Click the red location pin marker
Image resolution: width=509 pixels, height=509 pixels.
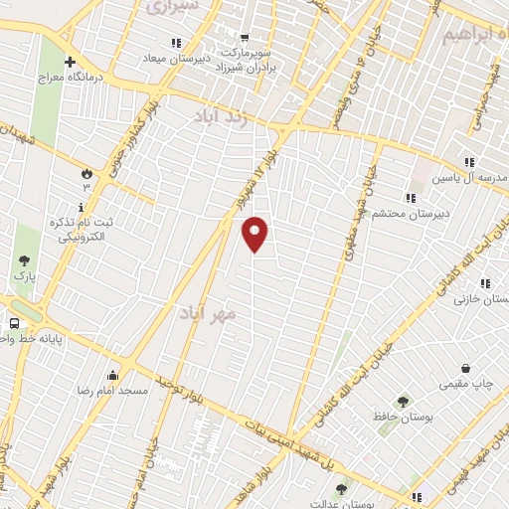[255, 234]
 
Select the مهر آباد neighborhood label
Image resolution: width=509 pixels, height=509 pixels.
[208, 313]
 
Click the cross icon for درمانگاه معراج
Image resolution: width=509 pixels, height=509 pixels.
[69, 62]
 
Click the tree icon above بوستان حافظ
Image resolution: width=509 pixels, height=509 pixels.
[403, 402]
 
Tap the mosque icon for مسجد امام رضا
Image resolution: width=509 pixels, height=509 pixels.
[112, 376]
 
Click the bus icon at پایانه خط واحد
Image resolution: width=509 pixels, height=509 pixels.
[15, 323]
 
